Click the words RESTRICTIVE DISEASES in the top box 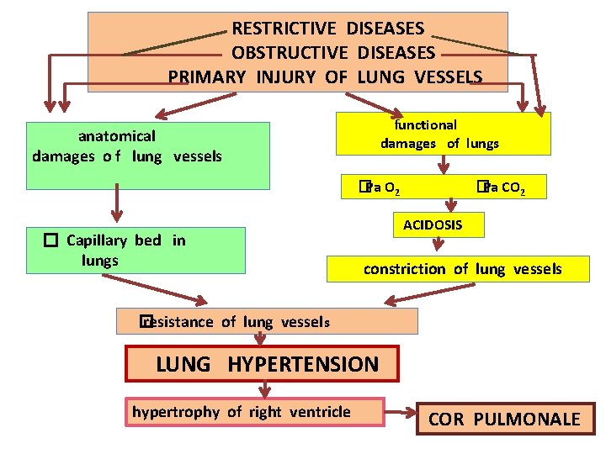click(x=328, y=29)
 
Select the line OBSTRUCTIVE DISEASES click(x=333, y=53)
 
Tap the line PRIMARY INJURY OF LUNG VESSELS click(x=325, y=77)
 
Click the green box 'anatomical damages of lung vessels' click(x=148, y=156)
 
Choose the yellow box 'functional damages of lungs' click(x=443, y=134)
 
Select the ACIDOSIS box click(x=432, y=224)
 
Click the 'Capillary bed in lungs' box click(x=135, y=251)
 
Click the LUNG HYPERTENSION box click(x=262, y=364)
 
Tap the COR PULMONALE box click(x=505, y=419)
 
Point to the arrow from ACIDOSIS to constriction click(x=437, y=245)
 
